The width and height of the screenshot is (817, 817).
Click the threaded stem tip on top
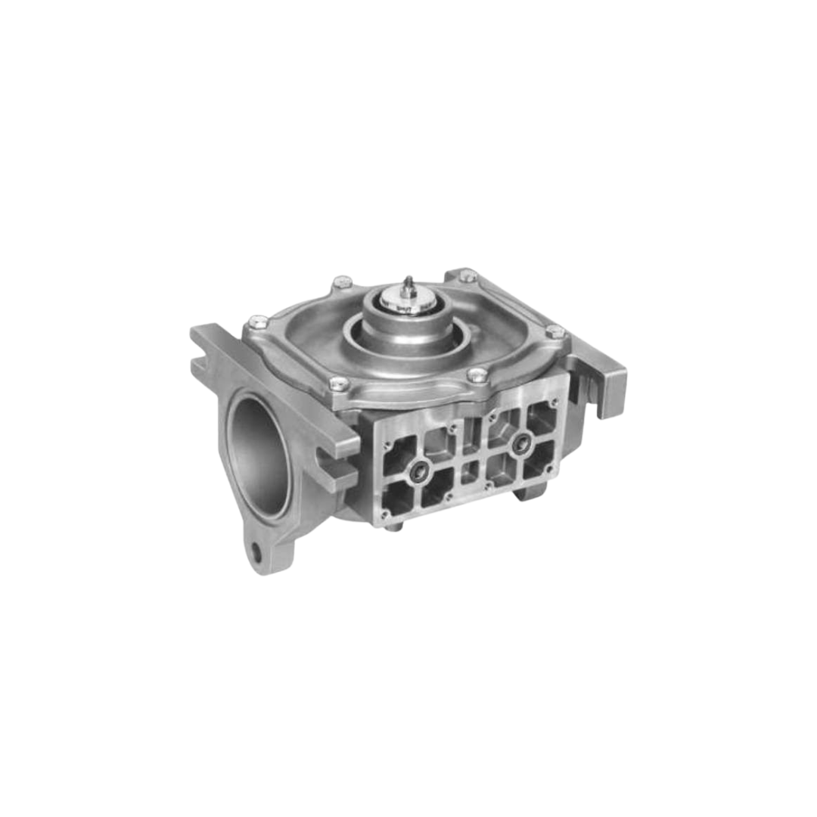click(408, 283)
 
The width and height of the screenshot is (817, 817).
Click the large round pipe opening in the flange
click(258, 457)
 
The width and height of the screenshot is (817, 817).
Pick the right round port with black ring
click(520, 445)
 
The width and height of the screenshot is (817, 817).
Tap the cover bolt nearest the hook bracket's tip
click(556, 331)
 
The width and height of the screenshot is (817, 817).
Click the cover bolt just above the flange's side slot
click(339, 384)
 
